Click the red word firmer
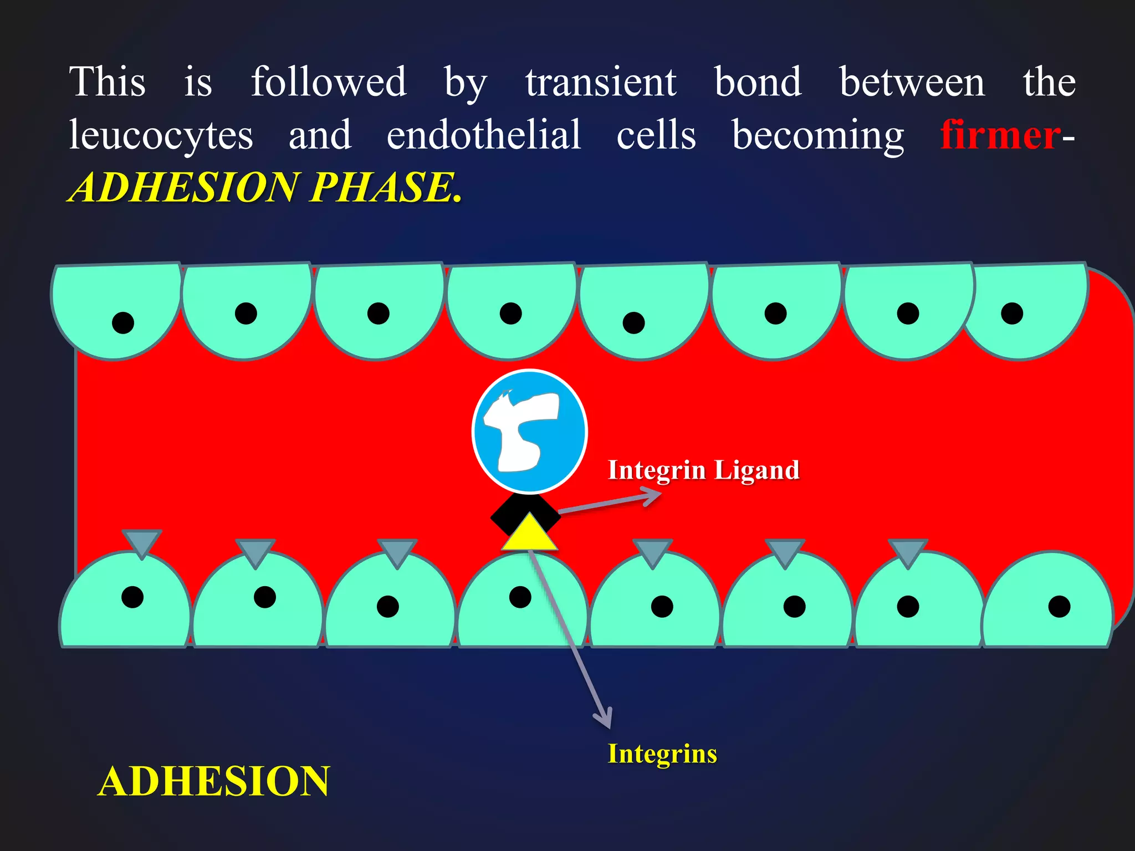(x=1000, y=135)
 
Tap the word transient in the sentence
(x=601, y=82)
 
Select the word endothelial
(x=484, y=135)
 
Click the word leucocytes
(x=161, y=135)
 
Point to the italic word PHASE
(x=385, y=187)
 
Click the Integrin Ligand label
(x=703, y=470)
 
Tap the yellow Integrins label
(x=662, y=753)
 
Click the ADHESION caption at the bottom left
(x=214, y=781)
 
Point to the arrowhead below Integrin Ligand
(x=651, y=495)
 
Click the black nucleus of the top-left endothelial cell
(x=123, y=322)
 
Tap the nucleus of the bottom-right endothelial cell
(x=1059, y=607)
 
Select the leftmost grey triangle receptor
(x=142, y=542)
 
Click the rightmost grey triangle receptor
(x=907, y=551)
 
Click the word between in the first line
(x=912, y=82)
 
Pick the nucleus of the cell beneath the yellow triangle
(x=520, y=597)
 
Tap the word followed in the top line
(x=329, y=82)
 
